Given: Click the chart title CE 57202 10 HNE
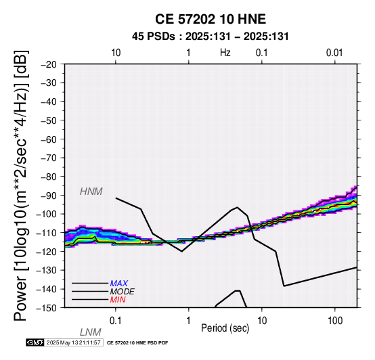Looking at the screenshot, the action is tap(211, 19).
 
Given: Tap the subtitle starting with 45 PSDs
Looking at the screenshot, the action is tap(211, 37).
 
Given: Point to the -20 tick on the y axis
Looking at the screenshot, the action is tap(49, 64).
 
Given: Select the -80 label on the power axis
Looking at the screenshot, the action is tap(49, 177).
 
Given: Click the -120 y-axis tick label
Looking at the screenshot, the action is tap(47, 252).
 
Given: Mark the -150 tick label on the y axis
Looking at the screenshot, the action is tap(47, 308).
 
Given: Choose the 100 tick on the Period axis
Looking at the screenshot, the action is tap(335, 321).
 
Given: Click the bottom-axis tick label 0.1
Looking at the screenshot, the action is tap(116, 321).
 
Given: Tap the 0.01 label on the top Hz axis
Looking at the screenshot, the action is tap(334, 53).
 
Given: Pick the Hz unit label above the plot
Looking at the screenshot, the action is tap(225, 53).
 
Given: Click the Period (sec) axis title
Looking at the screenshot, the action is tap(225, 328).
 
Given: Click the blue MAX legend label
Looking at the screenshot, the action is tap(119, 284).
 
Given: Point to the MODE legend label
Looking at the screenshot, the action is tap(123, 292).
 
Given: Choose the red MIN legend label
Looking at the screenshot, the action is tap(118, 300).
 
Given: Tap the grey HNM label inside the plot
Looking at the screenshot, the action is tap(91, 192).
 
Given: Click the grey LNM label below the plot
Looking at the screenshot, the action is tap(91, 332).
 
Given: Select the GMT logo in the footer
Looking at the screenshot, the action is tap(35, 342).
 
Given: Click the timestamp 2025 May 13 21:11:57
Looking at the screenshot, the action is tap(73, 342).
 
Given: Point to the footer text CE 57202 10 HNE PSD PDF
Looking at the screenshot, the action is tap(137, 343).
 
